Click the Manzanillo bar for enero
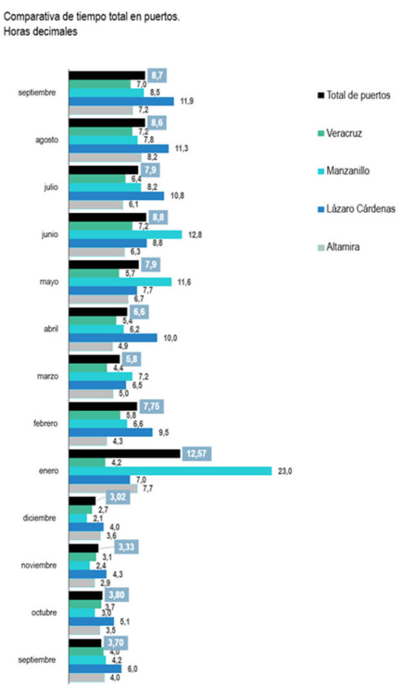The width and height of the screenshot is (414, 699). click(x=171, y=470)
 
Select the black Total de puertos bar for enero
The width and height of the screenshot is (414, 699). click(x=125, y=453)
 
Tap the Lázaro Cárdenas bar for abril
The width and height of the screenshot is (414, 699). click(x=113, y=337)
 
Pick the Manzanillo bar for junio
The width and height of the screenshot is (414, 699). click(x=125, y=234)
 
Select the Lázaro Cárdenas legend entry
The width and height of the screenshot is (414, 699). click(x=355, y=208)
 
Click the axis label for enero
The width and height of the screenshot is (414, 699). click(x=46, y=470)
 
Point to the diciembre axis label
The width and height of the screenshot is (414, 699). click(x=40, y=517)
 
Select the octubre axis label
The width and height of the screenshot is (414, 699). click(x=43, y=612)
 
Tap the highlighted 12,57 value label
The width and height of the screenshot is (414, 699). click(x=195, y=453)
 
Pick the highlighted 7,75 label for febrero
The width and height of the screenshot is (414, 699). click(x=153, y=406)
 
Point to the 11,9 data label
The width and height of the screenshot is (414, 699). click(x=184, y=101)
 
